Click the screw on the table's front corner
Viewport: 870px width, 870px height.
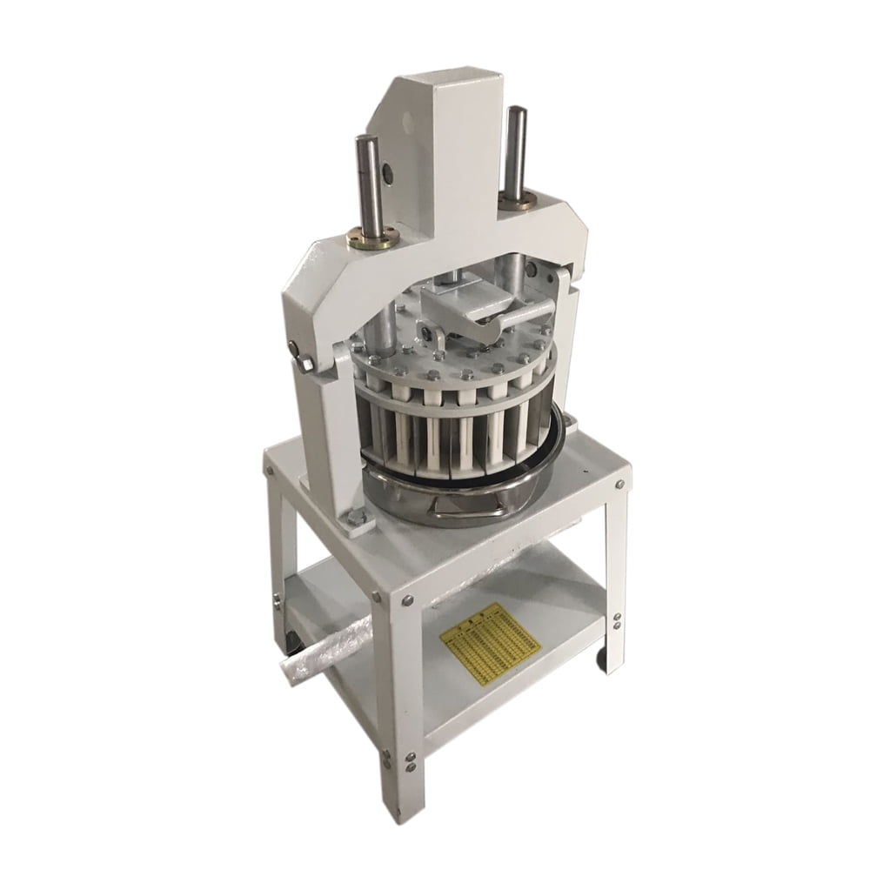click(405, 600)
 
